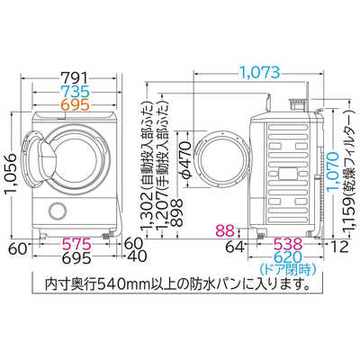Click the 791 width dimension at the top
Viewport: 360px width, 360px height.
point(76,77)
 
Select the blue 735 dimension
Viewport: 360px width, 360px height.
point(76,91)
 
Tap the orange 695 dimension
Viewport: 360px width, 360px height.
point(76,104)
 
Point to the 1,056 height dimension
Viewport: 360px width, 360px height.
point(11,175)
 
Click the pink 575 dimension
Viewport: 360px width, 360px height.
point(76,244)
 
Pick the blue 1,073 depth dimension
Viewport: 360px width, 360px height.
point(260,72)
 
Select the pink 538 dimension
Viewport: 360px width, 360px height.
point(288,244)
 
